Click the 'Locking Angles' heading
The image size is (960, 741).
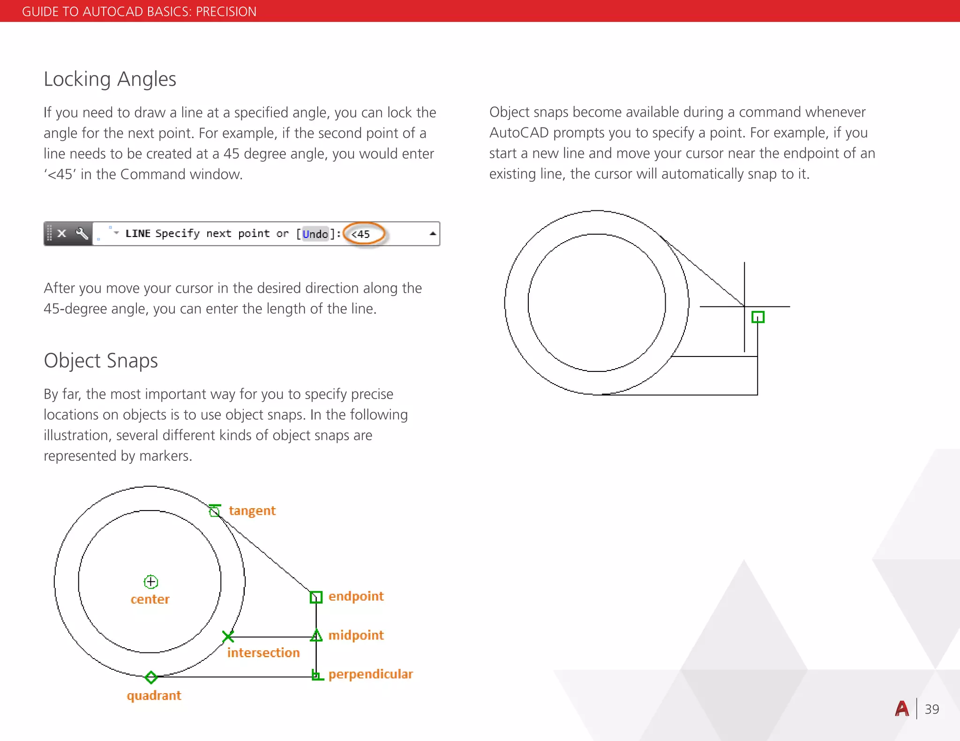110,79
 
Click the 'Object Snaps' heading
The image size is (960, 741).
101,361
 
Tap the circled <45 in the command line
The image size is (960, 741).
362,234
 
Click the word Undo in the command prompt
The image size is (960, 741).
315,234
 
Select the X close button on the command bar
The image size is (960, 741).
61,233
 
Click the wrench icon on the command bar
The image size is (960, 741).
82,233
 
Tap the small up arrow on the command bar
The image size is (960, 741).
433,233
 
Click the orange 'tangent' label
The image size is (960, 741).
252,511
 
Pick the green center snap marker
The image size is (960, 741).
150,582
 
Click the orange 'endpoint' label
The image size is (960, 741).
356,596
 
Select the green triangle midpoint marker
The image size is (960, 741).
316,636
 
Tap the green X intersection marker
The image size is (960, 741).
228,636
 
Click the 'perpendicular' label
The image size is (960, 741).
370,674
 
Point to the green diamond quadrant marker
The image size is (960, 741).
151,677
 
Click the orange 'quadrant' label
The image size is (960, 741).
154,696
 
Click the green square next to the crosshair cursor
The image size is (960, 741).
757,317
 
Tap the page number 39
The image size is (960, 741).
931,709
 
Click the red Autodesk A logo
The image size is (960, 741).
902,709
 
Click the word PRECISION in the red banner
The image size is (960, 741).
226,11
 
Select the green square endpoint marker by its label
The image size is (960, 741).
316,597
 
